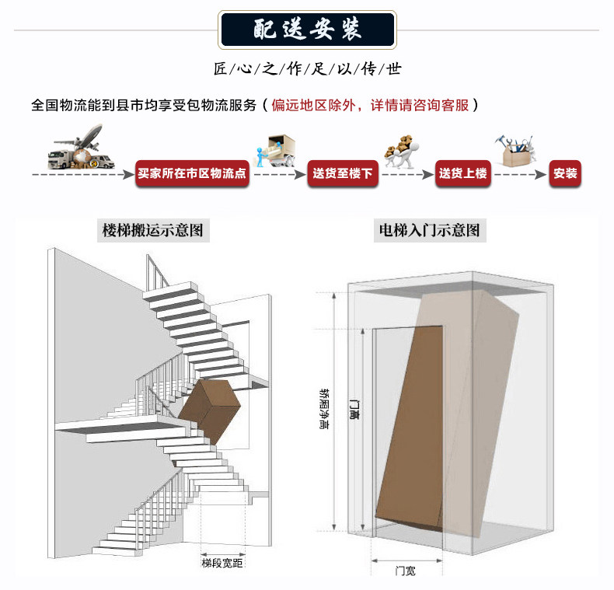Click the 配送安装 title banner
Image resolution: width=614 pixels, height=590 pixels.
pyautogui.click(x=307, y=29)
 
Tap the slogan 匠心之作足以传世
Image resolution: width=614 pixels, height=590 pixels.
pyautogui.click(x=307, y=69)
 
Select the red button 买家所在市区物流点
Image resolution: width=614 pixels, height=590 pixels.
pyautogui.click(x=191, y=173)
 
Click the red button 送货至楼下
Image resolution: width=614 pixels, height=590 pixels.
pyautogui.click(x=343, y=173)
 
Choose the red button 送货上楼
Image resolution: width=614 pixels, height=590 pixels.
pyautogui.click(x=462, y=173)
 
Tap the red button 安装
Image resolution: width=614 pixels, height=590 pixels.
pyautogui.click(x=565, y=173)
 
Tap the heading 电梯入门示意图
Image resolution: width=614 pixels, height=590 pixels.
pyautogui.click(x=429, y=230)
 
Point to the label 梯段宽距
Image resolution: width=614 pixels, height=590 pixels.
pyautogui.click(x=222, y=562)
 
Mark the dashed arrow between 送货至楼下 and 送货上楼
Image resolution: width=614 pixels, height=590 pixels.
pyautogui.click(x=406, y=174)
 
